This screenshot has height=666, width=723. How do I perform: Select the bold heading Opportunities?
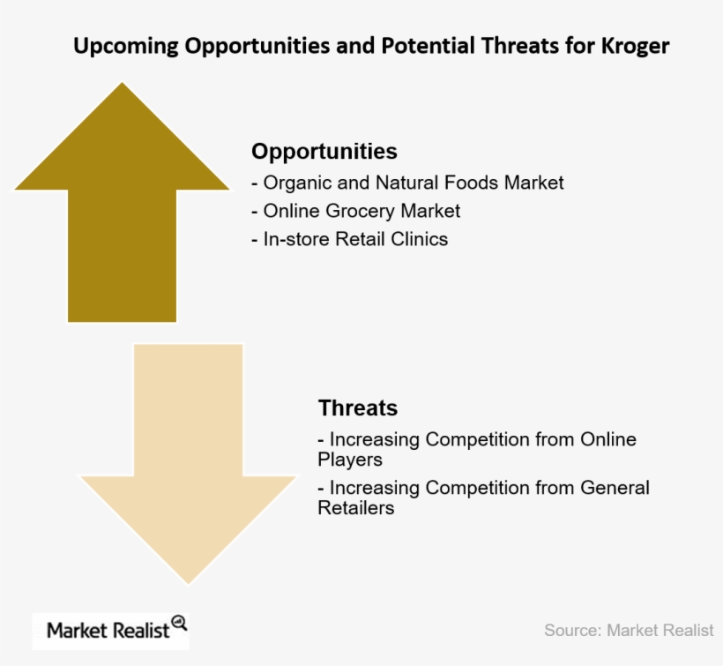pyautogui.click(x=324, y=151)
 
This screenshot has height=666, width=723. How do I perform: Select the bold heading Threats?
pyautogui.click(x=358, y=408)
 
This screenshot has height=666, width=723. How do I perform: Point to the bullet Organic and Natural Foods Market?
pyautogui.click(x=407, y=183)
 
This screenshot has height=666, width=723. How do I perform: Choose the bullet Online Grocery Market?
pyautogui.click(x=355, y=211)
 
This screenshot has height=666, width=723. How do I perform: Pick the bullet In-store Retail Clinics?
pyautogui.click(x=350, y=239)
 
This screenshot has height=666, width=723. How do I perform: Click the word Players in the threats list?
pyautogui.click(x=350, y=460)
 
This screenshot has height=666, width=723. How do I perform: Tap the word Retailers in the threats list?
pyautogui.click(x=355, y=508)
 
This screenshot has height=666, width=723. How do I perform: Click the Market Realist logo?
pyautogui.click(x=111, y=630)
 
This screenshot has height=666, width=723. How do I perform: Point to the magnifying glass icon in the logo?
pyautogui.click(x=179, y=623)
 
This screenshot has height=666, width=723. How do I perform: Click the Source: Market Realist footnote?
pyautogui.click(x=629, y=630)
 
